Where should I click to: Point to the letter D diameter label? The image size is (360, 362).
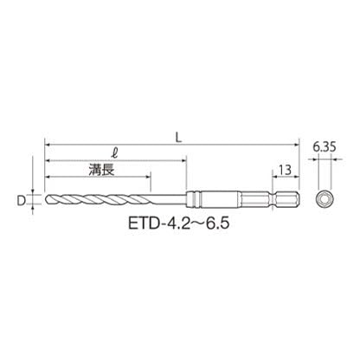click(x=21, y=201)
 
